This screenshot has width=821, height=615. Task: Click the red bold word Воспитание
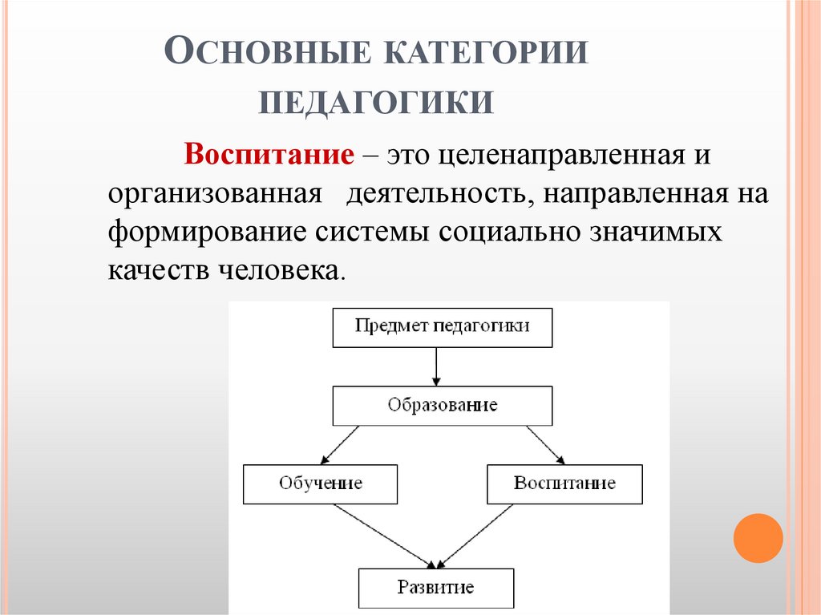[269, 153]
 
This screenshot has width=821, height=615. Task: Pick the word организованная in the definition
[216, 193]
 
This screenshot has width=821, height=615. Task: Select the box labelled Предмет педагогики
[443, 327]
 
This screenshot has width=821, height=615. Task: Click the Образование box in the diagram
[443, 405]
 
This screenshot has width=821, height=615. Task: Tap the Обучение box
[320, 484]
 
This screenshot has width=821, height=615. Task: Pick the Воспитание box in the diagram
[564, 484]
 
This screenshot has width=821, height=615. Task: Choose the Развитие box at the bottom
[435, 588]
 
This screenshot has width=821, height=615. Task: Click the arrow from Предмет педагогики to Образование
[435, 366]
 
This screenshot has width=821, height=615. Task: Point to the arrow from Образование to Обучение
[339, 444]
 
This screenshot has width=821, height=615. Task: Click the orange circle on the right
[757, 538]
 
